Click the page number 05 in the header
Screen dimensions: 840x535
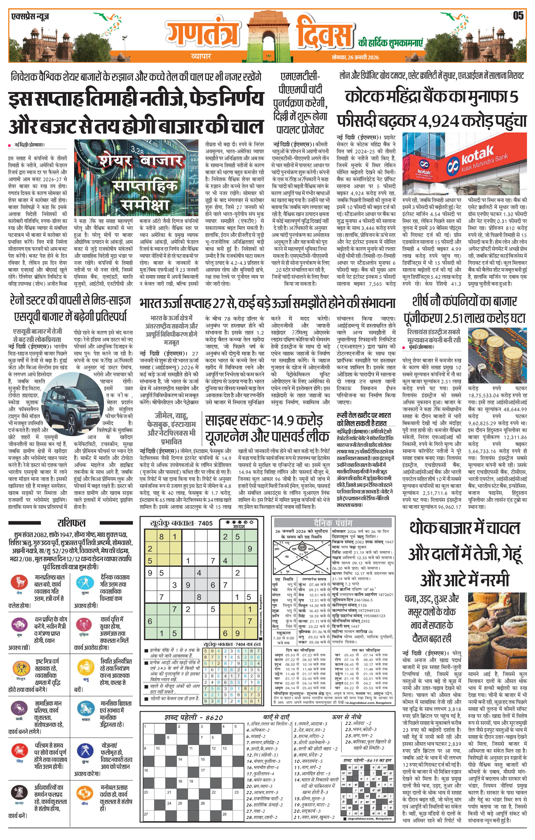518,16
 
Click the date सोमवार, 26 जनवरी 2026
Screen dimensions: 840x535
355,57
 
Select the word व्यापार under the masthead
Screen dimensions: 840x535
201,56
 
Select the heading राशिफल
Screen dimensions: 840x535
71,523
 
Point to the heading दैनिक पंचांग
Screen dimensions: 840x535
333,523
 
